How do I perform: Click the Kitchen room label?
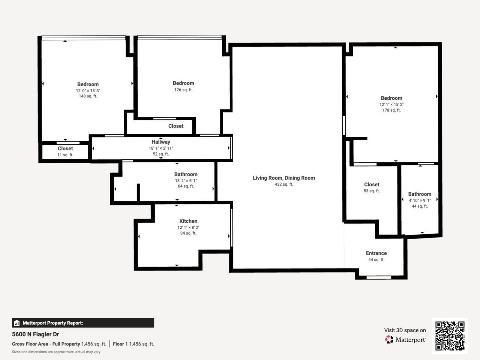click(x=188, y=221)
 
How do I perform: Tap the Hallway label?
click(x=160, y=142)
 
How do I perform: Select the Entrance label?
click(x=376, y=253)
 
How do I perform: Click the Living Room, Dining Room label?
click(x=283, y=178)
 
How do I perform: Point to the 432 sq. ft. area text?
click(x=283, y=184)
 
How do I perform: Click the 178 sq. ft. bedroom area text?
click(x=391, y=110)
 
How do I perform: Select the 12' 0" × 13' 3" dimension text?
click(x=88, y=91)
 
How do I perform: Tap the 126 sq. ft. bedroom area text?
click(x=183, y=90)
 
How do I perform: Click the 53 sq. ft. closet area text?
click(x=371, y=191)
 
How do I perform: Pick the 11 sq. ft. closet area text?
click(x=65, y=155)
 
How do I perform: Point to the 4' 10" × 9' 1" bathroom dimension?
click(x=419, y=200)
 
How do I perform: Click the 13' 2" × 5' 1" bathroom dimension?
click(x=186, y=180)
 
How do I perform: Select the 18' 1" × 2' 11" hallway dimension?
click(x=160, y=148)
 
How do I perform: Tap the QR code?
click(x=450, y=336)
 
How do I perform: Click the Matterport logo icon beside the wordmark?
click(x=389, y=340)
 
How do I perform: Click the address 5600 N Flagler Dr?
click(x=36, y=334)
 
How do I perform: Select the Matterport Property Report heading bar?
click(x=83, y=323)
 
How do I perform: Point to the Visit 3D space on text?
click(x=405, y=330)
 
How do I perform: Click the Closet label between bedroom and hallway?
click(x=175, y=126)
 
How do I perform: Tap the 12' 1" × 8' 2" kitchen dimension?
click(x=188, y=228)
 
